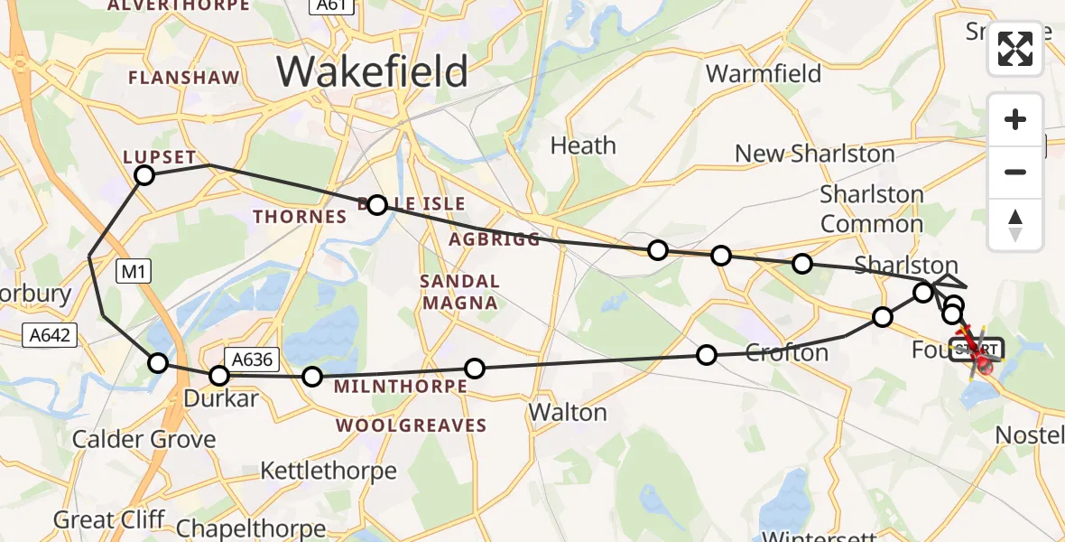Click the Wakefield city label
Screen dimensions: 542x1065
point(372,70)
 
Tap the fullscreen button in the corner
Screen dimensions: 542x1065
point(1015,49)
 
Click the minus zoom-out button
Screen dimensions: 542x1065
point(1015,172)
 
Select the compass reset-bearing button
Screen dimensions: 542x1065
point(1015,225)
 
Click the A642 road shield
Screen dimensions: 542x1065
point(48,336)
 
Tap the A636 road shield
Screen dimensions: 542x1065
point(250,359)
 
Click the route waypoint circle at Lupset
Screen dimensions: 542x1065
point(144,175)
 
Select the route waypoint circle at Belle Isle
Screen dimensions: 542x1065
point(377,205)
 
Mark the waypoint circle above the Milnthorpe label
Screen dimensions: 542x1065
point(474,368)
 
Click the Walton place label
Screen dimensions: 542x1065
point(568,413)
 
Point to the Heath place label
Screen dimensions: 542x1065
point(583,145)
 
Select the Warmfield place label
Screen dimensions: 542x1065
point(764,73)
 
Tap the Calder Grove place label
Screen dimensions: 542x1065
point(144,440)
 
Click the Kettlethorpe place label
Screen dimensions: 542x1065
point(329,471)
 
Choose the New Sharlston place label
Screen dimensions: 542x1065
point(814,154)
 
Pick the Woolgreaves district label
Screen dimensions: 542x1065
point(412,425)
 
